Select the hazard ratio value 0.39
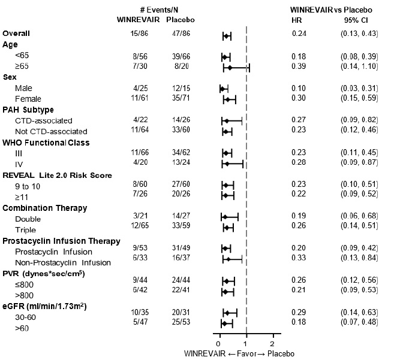point(299,66)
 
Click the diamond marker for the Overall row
point(227,37)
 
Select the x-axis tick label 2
point(272,343)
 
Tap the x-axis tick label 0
point(219,343)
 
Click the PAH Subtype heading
point(29,110)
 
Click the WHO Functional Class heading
point(46,143)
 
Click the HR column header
point(296,21)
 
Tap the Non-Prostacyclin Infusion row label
point(64,262)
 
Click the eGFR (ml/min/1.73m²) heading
point(43,305)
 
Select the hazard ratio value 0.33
point(299,252)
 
